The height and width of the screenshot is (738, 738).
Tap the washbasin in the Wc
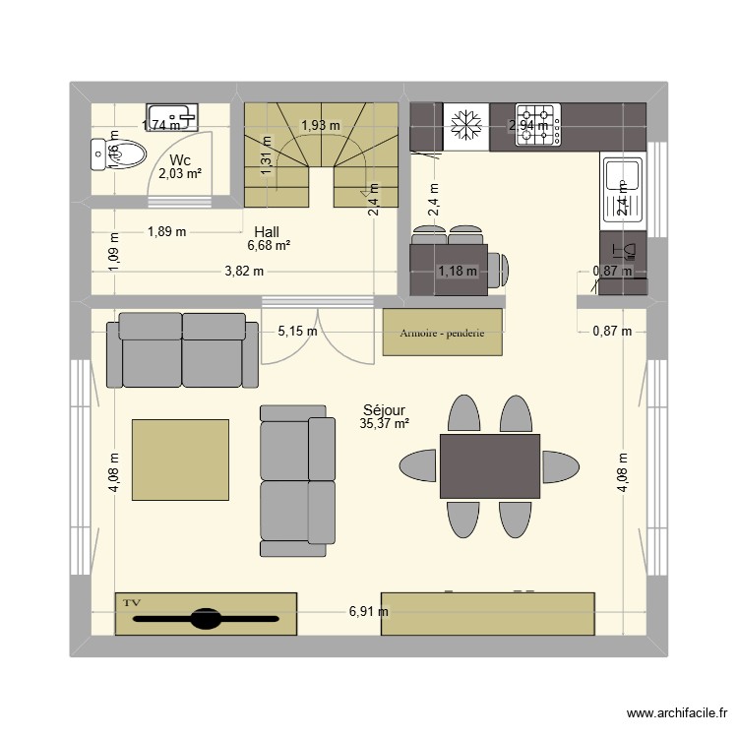coord(172,117)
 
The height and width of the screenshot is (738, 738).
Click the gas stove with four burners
coord(539,125)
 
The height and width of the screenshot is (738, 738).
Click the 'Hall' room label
coord(267,232)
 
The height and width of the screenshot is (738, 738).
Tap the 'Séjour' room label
coord(384,410)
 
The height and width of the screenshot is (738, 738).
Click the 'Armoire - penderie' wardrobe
coord(442,332)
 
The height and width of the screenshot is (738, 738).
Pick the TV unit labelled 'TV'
coord(206,614)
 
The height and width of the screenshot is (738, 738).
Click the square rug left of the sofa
coord(180,461)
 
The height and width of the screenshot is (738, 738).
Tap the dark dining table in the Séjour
coord(489,465)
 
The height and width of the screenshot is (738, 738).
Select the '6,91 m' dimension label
coord(368,611)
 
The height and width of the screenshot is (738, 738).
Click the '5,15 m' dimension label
coord(297,332)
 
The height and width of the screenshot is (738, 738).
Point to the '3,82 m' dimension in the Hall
coord(244,272)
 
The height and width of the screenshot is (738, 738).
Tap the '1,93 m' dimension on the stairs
coord(320,125)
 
